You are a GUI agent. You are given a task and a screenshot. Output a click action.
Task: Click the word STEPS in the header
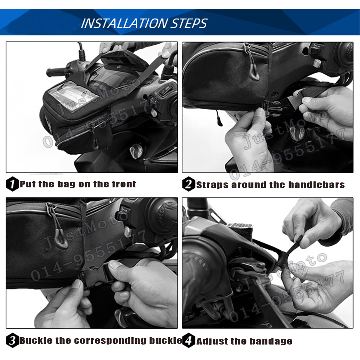pos(189,24)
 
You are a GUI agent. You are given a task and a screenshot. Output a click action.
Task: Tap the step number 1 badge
pos(12,184)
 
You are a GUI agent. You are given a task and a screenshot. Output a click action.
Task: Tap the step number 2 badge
pos(188,184)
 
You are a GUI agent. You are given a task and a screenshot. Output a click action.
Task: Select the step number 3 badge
pos(12,340)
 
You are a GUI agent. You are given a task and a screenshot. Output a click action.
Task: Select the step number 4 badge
pos(188,340)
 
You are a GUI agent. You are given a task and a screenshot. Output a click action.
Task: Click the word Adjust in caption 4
pos(212,342)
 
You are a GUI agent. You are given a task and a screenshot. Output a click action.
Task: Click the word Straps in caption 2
pos(212,185)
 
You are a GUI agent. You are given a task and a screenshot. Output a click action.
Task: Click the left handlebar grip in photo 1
pos(56,72)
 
